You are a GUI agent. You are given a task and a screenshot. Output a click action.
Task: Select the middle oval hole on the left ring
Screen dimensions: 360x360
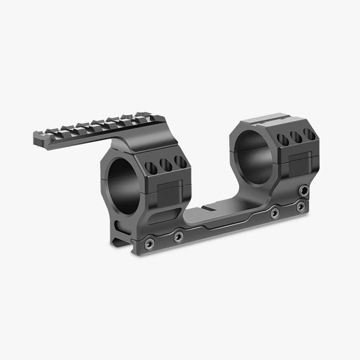[x=166, y=164]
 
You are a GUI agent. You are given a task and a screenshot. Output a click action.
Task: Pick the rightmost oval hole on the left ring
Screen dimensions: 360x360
[x=180, y=161]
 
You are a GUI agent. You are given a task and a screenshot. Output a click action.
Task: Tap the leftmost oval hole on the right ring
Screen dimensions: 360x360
[x=284, y=140]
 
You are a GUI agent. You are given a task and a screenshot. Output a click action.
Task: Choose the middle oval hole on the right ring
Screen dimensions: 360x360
[x=297, y=137]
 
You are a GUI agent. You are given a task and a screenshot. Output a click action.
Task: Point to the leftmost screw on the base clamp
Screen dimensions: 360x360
[x=148, y=243]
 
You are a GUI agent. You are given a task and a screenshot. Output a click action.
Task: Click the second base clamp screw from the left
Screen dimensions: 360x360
[x=179, y=236]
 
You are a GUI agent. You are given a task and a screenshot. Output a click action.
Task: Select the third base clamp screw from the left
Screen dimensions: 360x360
[x=274, y=213]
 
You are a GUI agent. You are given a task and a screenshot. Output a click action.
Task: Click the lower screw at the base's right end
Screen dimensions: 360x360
[x=300, y=205]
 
